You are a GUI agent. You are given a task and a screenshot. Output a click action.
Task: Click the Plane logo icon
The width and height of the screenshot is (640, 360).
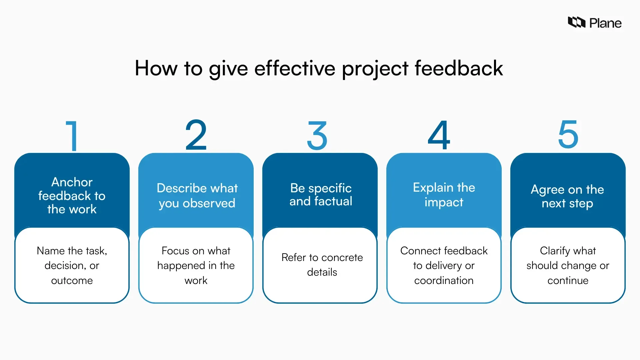577,22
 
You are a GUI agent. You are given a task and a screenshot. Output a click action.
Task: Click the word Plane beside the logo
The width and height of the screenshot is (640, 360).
605,23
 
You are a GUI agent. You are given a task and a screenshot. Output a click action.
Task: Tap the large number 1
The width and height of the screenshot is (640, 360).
72,136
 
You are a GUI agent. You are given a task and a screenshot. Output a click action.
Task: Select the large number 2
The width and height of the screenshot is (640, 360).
196,135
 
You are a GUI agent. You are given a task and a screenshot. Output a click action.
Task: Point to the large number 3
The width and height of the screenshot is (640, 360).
317,136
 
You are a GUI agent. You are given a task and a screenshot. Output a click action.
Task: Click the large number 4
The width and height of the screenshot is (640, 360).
439,135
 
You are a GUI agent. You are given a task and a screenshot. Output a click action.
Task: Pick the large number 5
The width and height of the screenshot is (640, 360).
568,135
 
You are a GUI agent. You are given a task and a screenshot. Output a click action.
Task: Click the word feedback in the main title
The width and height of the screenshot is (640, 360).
459,68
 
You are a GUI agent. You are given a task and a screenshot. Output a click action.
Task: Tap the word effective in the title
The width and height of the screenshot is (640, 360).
295,68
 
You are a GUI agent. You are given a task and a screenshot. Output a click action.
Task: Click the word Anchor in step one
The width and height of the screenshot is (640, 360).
72,182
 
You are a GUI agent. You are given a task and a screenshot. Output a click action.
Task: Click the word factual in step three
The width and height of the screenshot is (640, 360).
333,201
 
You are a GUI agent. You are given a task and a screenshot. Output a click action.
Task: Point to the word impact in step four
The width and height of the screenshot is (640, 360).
444,202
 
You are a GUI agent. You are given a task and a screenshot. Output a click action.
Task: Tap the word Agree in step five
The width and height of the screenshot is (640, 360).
547,190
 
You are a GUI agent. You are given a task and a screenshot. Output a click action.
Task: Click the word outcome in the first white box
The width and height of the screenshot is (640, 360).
72,280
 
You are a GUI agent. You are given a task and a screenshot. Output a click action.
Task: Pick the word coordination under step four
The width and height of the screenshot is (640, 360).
444,280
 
